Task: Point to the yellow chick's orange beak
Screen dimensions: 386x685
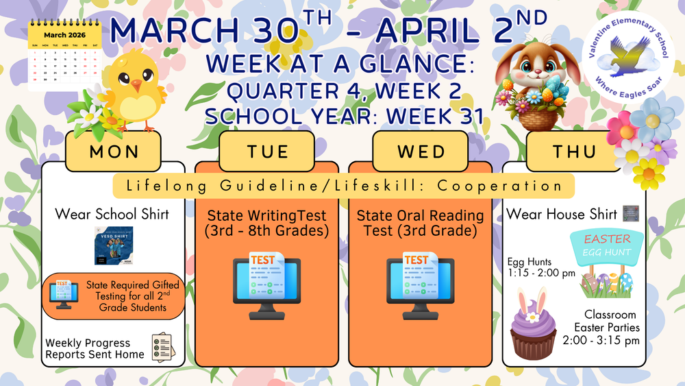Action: point(137,86)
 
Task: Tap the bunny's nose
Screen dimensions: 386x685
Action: point(537,71)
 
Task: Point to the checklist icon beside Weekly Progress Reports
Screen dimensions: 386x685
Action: point(162,348)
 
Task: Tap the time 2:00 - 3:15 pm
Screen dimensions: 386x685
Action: point(601,340)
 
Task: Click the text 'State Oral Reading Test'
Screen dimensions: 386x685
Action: point(421,223)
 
